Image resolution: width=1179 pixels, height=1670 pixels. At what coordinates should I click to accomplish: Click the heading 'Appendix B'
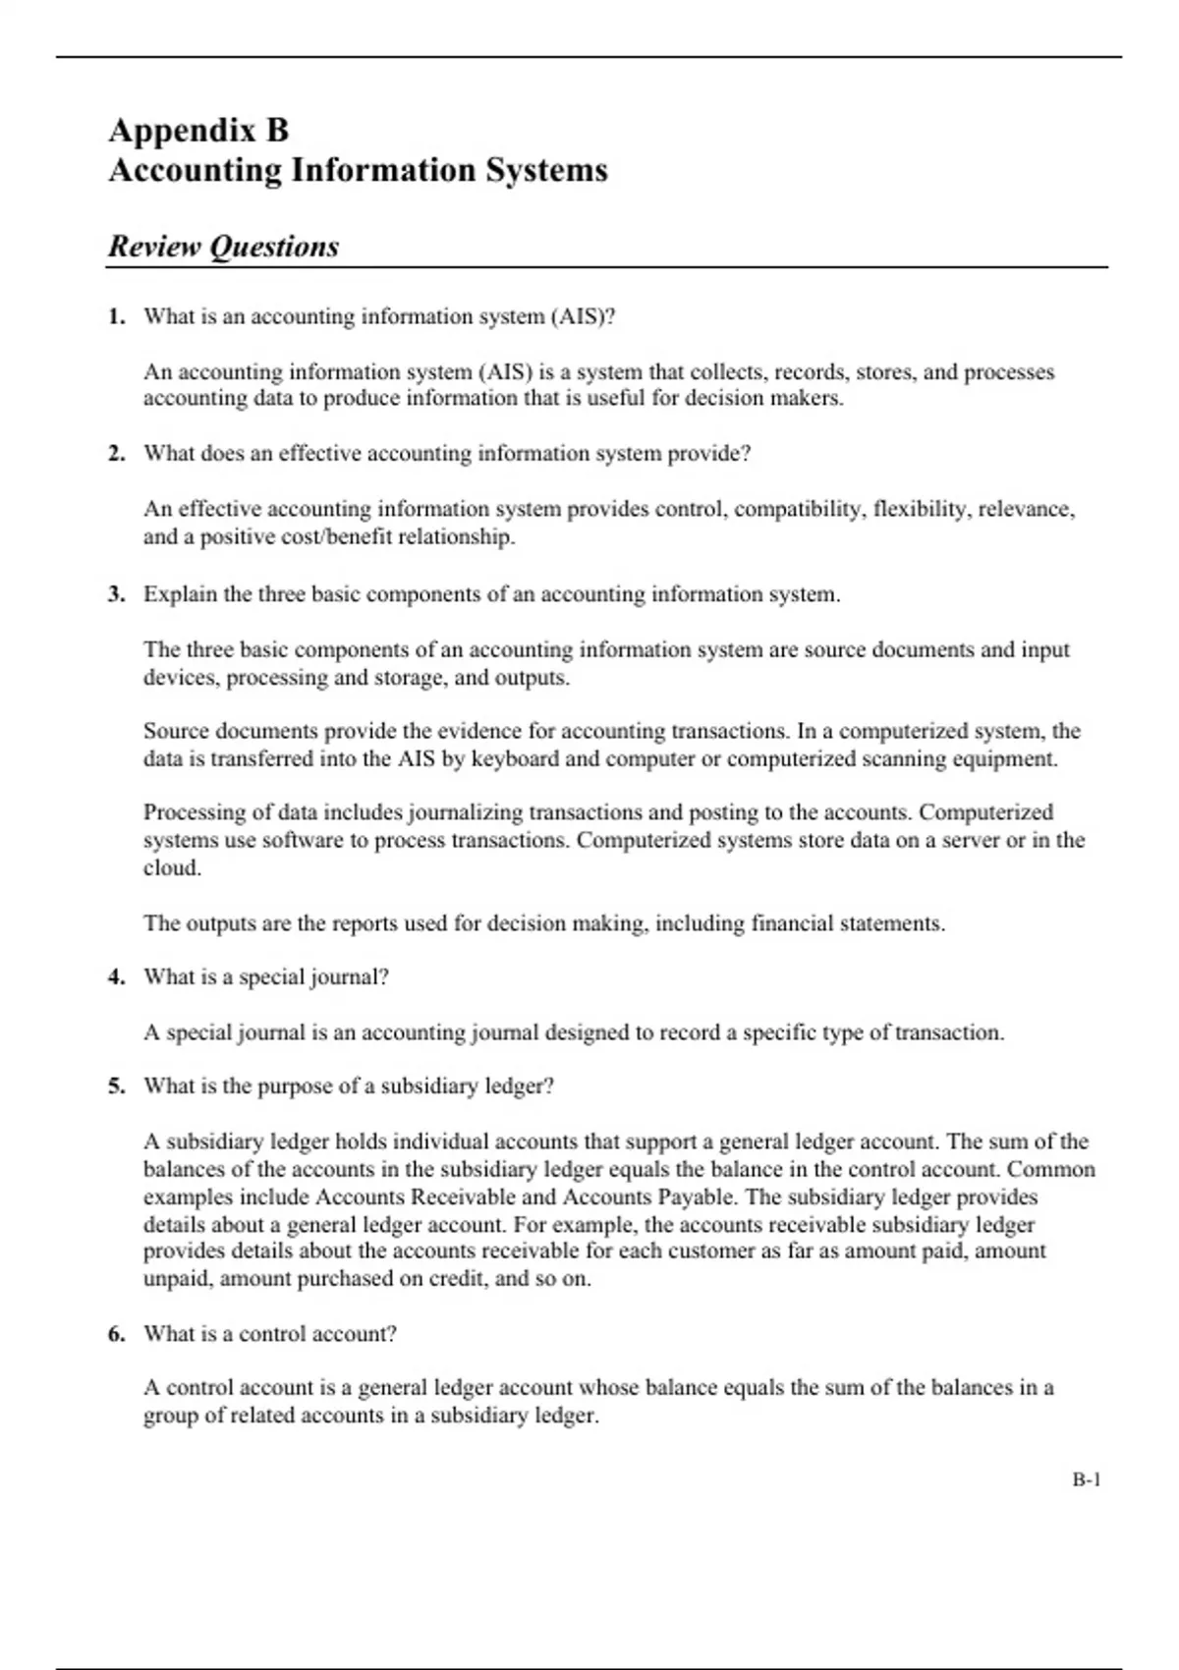point(198,130)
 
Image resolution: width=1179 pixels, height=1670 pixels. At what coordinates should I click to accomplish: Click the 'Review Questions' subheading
point(223,246)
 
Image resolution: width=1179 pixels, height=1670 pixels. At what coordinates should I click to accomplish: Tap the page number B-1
point(1086,1479)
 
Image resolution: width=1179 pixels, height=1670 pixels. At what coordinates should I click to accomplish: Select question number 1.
point(117,316)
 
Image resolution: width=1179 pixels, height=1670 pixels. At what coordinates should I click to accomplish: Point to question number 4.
point(117,976)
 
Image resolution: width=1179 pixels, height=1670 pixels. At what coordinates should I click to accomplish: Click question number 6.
point(117,1333)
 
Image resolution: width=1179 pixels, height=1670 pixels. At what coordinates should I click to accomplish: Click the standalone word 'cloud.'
point(172,867)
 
